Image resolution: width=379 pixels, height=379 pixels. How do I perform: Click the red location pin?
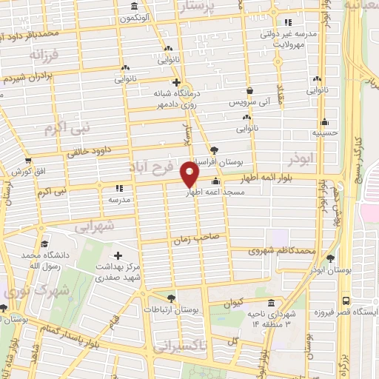click(190, 175)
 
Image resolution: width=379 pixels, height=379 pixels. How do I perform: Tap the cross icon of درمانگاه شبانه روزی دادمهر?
click(175, 82)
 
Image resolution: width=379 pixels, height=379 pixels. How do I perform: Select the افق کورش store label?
click(25, 172)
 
